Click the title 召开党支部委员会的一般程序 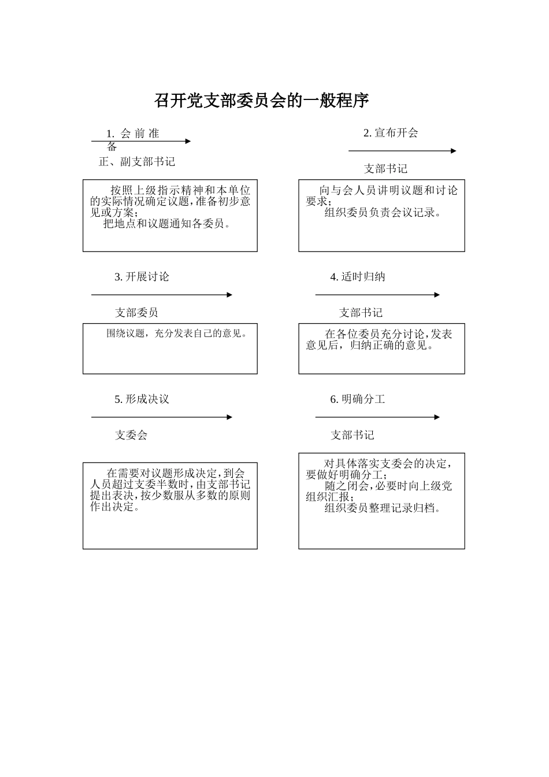[x=261, y=101]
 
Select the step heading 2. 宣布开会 [x=391, y=133]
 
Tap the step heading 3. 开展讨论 [x=142, y=277]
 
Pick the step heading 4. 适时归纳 [x=357, y=277]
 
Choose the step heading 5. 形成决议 [x=142, y=399]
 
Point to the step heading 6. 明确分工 [x=357, y=399]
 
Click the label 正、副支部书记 [x=137, y=162]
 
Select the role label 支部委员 [x=136, y=313]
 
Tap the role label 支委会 [x=131, y=435]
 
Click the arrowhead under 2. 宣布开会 [x=453, y=151]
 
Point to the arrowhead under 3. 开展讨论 [x=229, y=295]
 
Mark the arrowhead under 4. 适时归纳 [x=437, y=295]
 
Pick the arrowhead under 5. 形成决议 [x=229, y=417]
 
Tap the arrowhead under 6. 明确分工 [x=437, y=417]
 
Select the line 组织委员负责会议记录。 [x=383, y=212]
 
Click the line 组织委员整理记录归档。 [x=383, y=508]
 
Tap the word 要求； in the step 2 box [x=319, y=202]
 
